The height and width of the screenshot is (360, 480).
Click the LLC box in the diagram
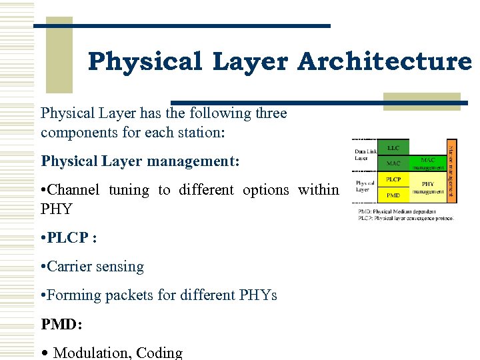393,148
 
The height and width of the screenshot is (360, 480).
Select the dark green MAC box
393,163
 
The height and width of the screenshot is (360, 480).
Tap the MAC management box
428,163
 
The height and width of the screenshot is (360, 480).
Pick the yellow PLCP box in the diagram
393,180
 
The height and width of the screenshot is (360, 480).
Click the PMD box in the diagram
393,195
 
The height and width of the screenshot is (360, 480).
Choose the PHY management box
428,187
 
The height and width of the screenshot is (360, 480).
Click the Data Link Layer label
365,155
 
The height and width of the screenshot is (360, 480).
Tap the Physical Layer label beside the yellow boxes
365,186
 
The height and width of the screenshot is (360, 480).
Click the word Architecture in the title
384,62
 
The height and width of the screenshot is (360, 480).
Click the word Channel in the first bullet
75,190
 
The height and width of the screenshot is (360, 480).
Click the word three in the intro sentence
270,113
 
